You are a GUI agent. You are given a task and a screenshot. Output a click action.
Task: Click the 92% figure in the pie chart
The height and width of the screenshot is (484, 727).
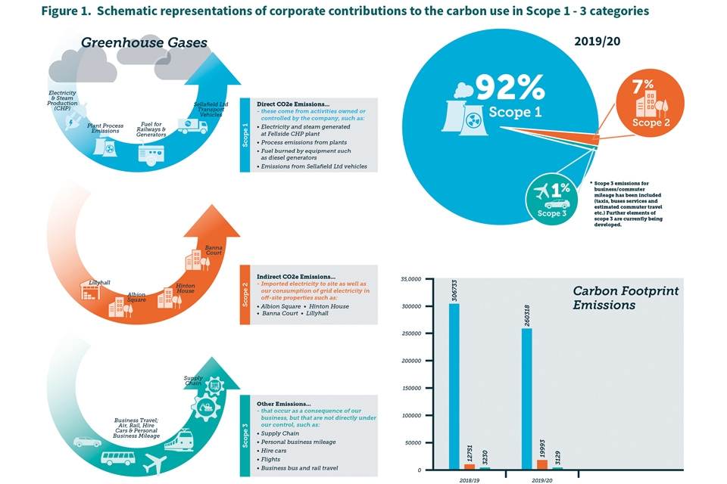[x=509, y=89]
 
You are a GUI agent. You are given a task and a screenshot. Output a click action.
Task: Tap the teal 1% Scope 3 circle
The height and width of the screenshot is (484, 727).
[x=551, y=198]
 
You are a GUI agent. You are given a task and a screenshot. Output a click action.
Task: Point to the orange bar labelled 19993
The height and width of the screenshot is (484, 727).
[x=542, y=464]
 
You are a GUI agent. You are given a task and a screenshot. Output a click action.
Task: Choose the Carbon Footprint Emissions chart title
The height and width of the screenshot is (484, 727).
[x=625, y=297]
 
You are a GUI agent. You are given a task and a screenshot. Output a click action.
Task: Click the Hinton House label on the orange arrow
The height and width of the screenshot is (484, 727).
[x=186, y=287]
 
